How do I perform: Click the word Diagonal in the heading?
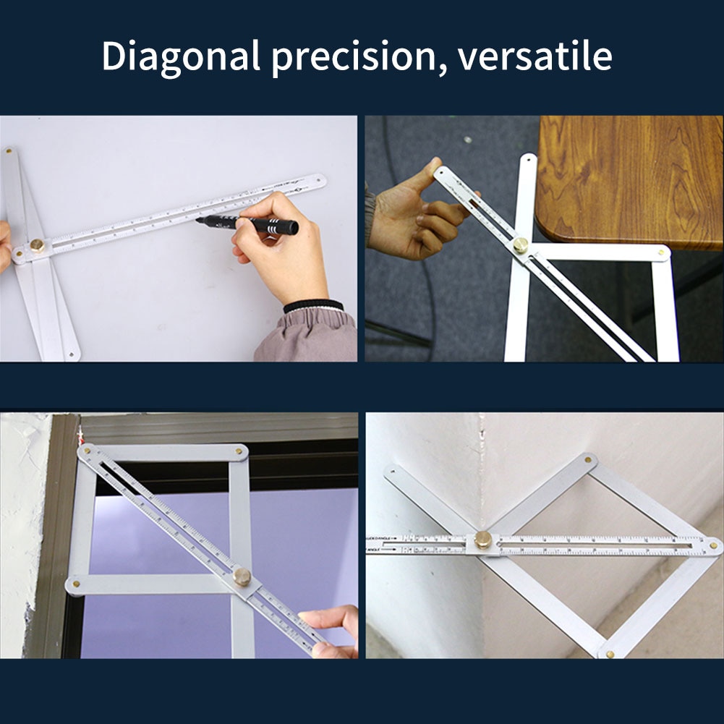[181, 56]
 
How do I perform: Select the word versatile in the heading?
[535, 56]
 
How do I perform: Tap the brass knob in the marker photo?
[37, 245]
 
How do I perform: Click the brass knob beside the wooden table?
[521, 245]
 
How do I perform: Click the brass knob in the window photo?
[242, 576]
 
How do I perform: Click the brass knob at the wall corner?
[482, 540]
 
